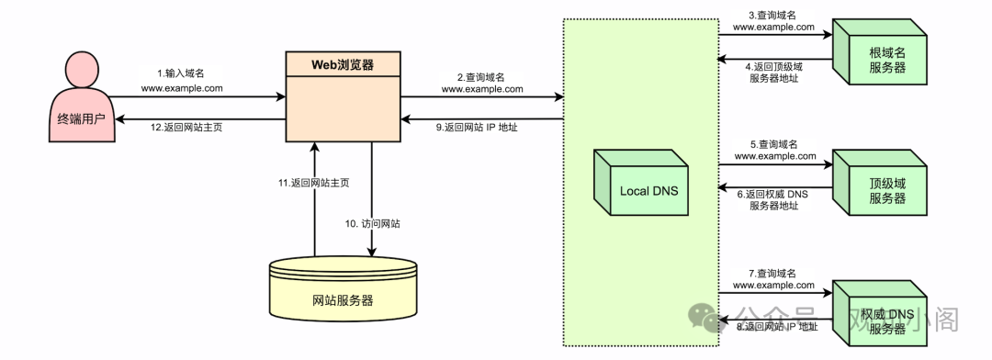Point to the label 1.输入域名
pyautogui.click(x=182, y=73)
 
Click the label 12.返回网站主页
pyautogui.click(x=186, y=128)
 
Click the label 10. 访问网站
pyautogui.click(x=378, y=223)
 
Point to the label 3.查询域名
pyautogui.click(x=773, y=14)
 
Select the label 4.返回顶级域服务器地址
pyautogui.click(x=774, y=72)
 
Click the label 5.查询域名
pyautogui.click(x=773, y=143)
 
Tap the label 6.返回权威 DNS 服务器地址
pyautogui.click(x=774, y=199)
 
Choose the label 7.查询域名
pyautogui.click(x=773, y=274)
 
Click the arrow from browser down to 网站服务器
pyautogui.click(x=372, y=197)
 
